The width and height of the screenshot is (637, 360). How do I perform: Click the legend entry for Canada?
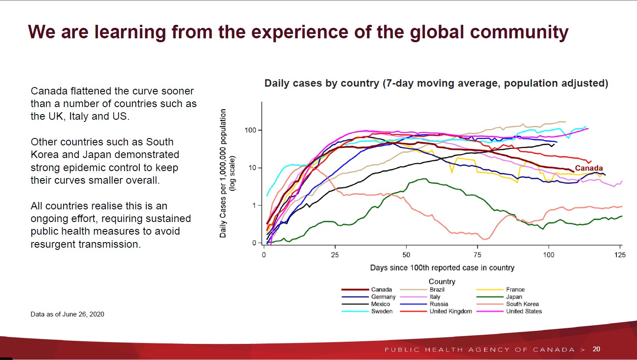381,289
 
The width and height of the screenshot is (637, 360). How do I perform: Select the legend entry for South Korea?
522,304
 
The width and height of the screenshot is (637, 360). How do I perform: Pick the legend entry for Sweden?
381,311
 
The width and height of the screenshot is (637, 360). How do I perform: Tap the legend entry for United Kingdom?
451,311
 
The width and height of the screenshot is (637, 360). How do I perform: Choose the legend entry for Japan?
514,297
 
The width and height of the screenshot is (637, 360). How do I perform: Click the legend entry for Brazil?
437,289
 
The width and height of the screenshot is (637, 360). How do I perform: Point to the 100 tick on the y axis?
250,130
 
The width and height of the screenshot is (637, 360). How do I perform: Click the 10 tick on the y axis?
253,168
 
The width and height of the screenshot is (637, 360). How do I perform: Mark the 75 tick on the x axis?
477,255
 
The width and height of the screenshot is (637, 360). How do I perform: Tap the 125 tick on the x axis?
620,255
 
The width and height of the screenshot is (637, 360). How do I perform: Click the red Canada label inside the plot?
589,168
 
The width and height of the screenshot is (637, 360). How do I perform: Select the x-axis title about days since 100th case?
442,268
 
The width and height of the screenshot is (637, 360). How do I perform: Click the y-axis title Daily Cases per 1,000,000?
223,173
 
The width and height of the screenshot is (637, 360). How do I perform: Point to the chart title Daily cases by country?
436,83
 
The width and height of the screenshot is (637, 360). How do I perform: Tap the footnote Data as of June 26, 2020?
67,314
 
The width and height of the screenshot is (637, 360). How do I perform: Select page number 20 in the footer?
597,349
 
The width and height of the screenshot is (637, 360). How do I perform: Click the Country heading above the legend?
442,282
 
